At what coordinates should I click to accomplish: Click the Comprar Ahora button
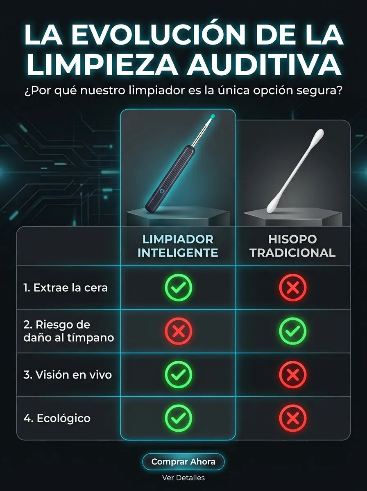click(183, 462)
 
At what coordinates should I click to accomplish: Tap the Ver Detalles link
click(183, 477)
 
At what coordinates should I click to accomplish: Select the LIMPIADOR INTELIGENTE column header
click(178, 246)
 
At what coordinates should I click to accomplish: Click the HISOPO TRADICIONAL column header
click(292, 246)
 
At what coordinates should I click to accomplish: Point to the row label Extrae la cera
click(66, 288)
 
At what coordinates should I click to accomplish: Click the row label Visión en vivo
click(68, 375)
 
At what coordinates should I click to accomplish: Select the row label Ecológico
click(57, 418)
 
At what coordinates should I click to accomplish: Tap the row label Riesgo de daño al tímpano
click(69, 331)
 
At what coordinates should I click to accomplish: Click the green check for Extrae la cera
click(179, 288)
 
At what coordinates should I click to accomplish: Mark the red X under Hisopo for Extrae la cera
click(293, 288)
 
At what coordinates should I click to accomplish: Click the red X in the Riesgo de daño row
click(179, 331)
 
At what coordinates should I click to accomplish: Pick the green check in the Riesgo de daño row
click(293, 331)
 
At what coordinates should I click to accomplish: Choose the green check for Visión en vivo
click(179, 375)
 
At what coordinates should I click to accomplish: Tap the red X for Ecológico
click(293, 418)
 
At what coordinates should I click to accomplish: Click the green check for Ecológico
click(179, 418)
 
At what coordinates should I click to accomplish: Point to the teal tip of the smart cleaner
click(213, 116)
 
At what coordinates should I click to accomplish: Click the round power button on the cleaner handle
click(161, 191)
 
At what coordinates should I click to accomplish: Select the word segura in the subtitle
click(323, 90)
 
